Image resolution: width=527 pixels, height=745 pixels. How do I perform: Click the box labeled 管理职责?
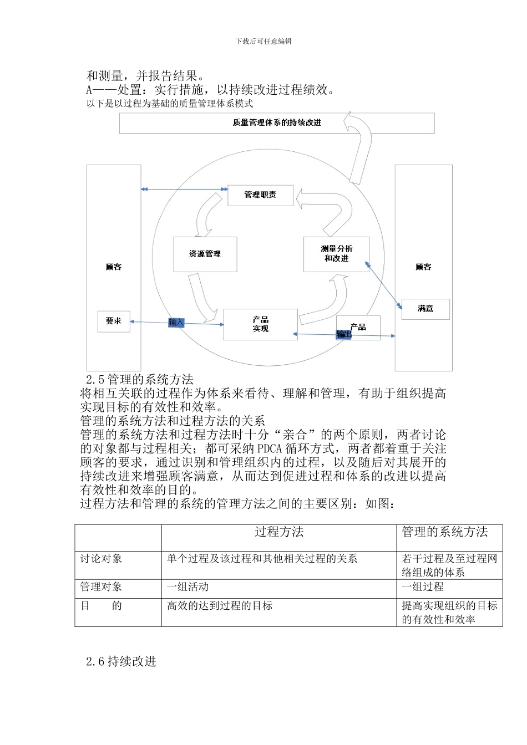tap(260, 195)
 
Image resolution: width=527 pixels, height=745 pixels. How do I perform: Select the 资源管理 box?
tap(205, 254)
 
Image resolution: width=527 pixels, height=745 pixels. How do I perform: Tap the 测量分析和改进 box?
tap(336, 254)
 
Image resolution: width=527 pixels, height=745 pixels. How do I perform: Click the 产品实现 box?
tap(260, 324)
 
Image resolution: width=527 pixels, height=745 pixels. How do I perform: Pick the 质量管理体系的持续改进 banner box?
tap(277, 123)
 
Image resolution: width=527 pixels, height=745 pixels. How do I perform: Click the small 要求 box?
tap(114, 321)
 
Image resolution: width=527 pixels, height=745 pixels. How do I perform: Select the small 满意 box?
tap(425, 309)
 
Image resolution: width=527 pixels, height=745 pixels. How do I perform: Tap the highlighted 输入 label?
tap(176, 323)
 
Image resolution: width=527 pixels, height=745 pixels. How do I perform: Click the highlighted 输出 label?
tap(344, 334)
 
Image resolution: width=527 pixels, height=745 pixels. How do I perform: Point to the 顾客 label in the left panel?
tap(114, 267)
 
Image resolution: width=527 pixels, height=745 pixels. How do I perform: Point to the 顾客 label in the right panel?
tap(423, 267)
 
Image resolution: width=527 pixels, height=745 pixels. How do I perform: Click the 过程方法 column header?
tap(279, 533)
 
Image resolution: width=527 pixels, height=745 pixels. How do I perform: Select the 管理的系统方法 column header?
tap(445, 533)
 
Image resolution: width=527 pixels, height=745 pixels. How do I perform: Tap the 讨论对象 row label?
tap(101, 559)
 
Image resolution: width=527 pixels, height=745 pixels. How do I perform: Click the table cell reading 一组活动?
tap(188, 587)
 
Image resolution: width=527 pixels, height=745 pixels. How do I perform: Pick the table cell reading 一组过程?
tap(423, 587)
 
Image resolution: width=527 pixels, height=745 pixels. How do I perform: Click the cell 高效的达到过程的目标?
tap(220, 606)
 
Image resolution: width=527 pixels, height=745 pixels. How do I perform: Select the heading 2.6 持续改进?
tap(121, 661)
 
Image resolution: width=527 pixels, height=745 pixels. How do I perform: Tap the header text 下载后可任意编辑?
tap(263, 42)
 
